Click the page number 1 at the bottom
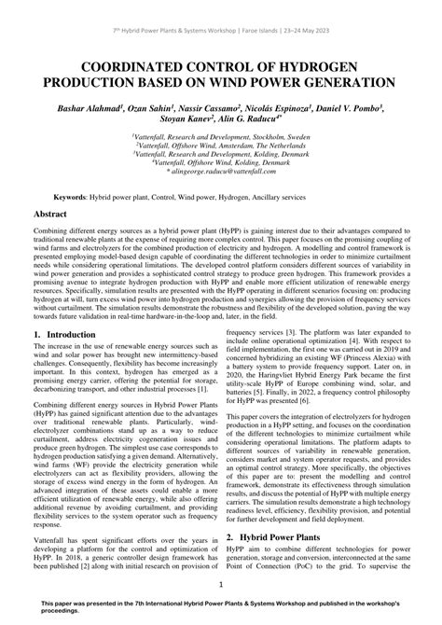(221, 586)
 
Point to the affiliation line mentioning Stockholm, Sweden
(221, 137)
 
